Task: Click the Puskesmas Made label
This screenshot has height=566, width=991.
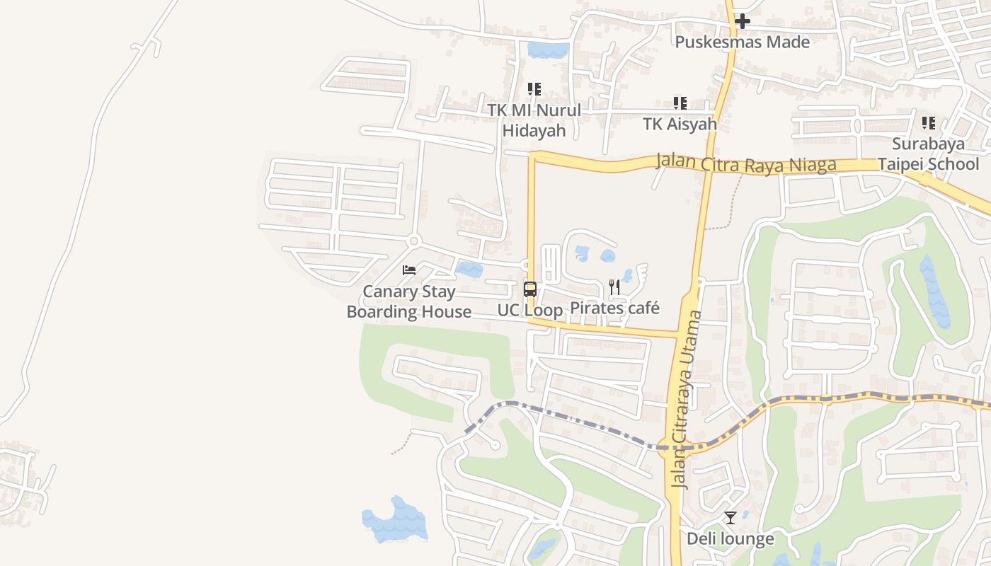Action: point(742,42)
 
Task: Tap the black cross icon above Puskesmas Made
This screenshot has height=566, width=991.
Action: point(742,22)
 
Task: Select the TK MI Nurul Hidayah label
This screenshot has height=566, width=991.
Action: point(534,120)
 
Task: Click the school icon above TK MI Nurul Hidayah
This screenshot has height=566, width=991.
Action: point(534,89)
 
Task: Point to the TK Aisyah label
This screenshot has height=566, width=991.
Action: point(680,124)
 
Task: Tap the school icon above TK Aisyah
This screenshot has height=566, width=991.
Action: point(680,103)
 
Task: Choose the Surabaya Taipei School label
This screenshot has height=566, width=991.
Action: point(928,154)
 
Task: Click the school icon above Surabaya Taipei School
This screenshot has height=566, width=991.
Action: point(929,123)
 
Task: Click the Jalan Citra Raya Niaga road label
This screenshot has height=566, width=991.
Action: point(746,163)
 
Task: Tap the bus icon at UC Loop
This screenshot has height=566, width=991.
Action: point(529,289)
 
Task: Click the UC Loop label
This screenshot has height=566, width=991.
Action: point(529,310)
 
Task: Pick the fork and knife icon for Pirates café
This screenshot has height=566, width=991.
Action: point(614,287)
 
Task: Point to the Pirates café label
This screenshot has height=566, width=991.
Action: point(614,308)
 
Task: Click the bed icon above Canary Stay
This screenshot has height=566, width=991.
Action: point(408,270)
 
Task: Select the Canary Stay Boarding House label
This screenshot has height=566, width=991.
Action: point(409,301)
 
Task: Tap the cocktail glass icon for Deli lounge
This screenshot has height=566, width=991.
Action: point(731,518)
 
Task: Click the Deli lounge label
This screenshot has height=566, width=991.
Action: point(731,539)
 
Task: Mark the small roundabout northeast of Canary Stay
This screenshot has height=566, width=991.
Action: point(414,241)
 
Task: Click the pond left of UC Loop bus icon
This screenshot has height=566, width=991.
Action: point(469,270)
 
